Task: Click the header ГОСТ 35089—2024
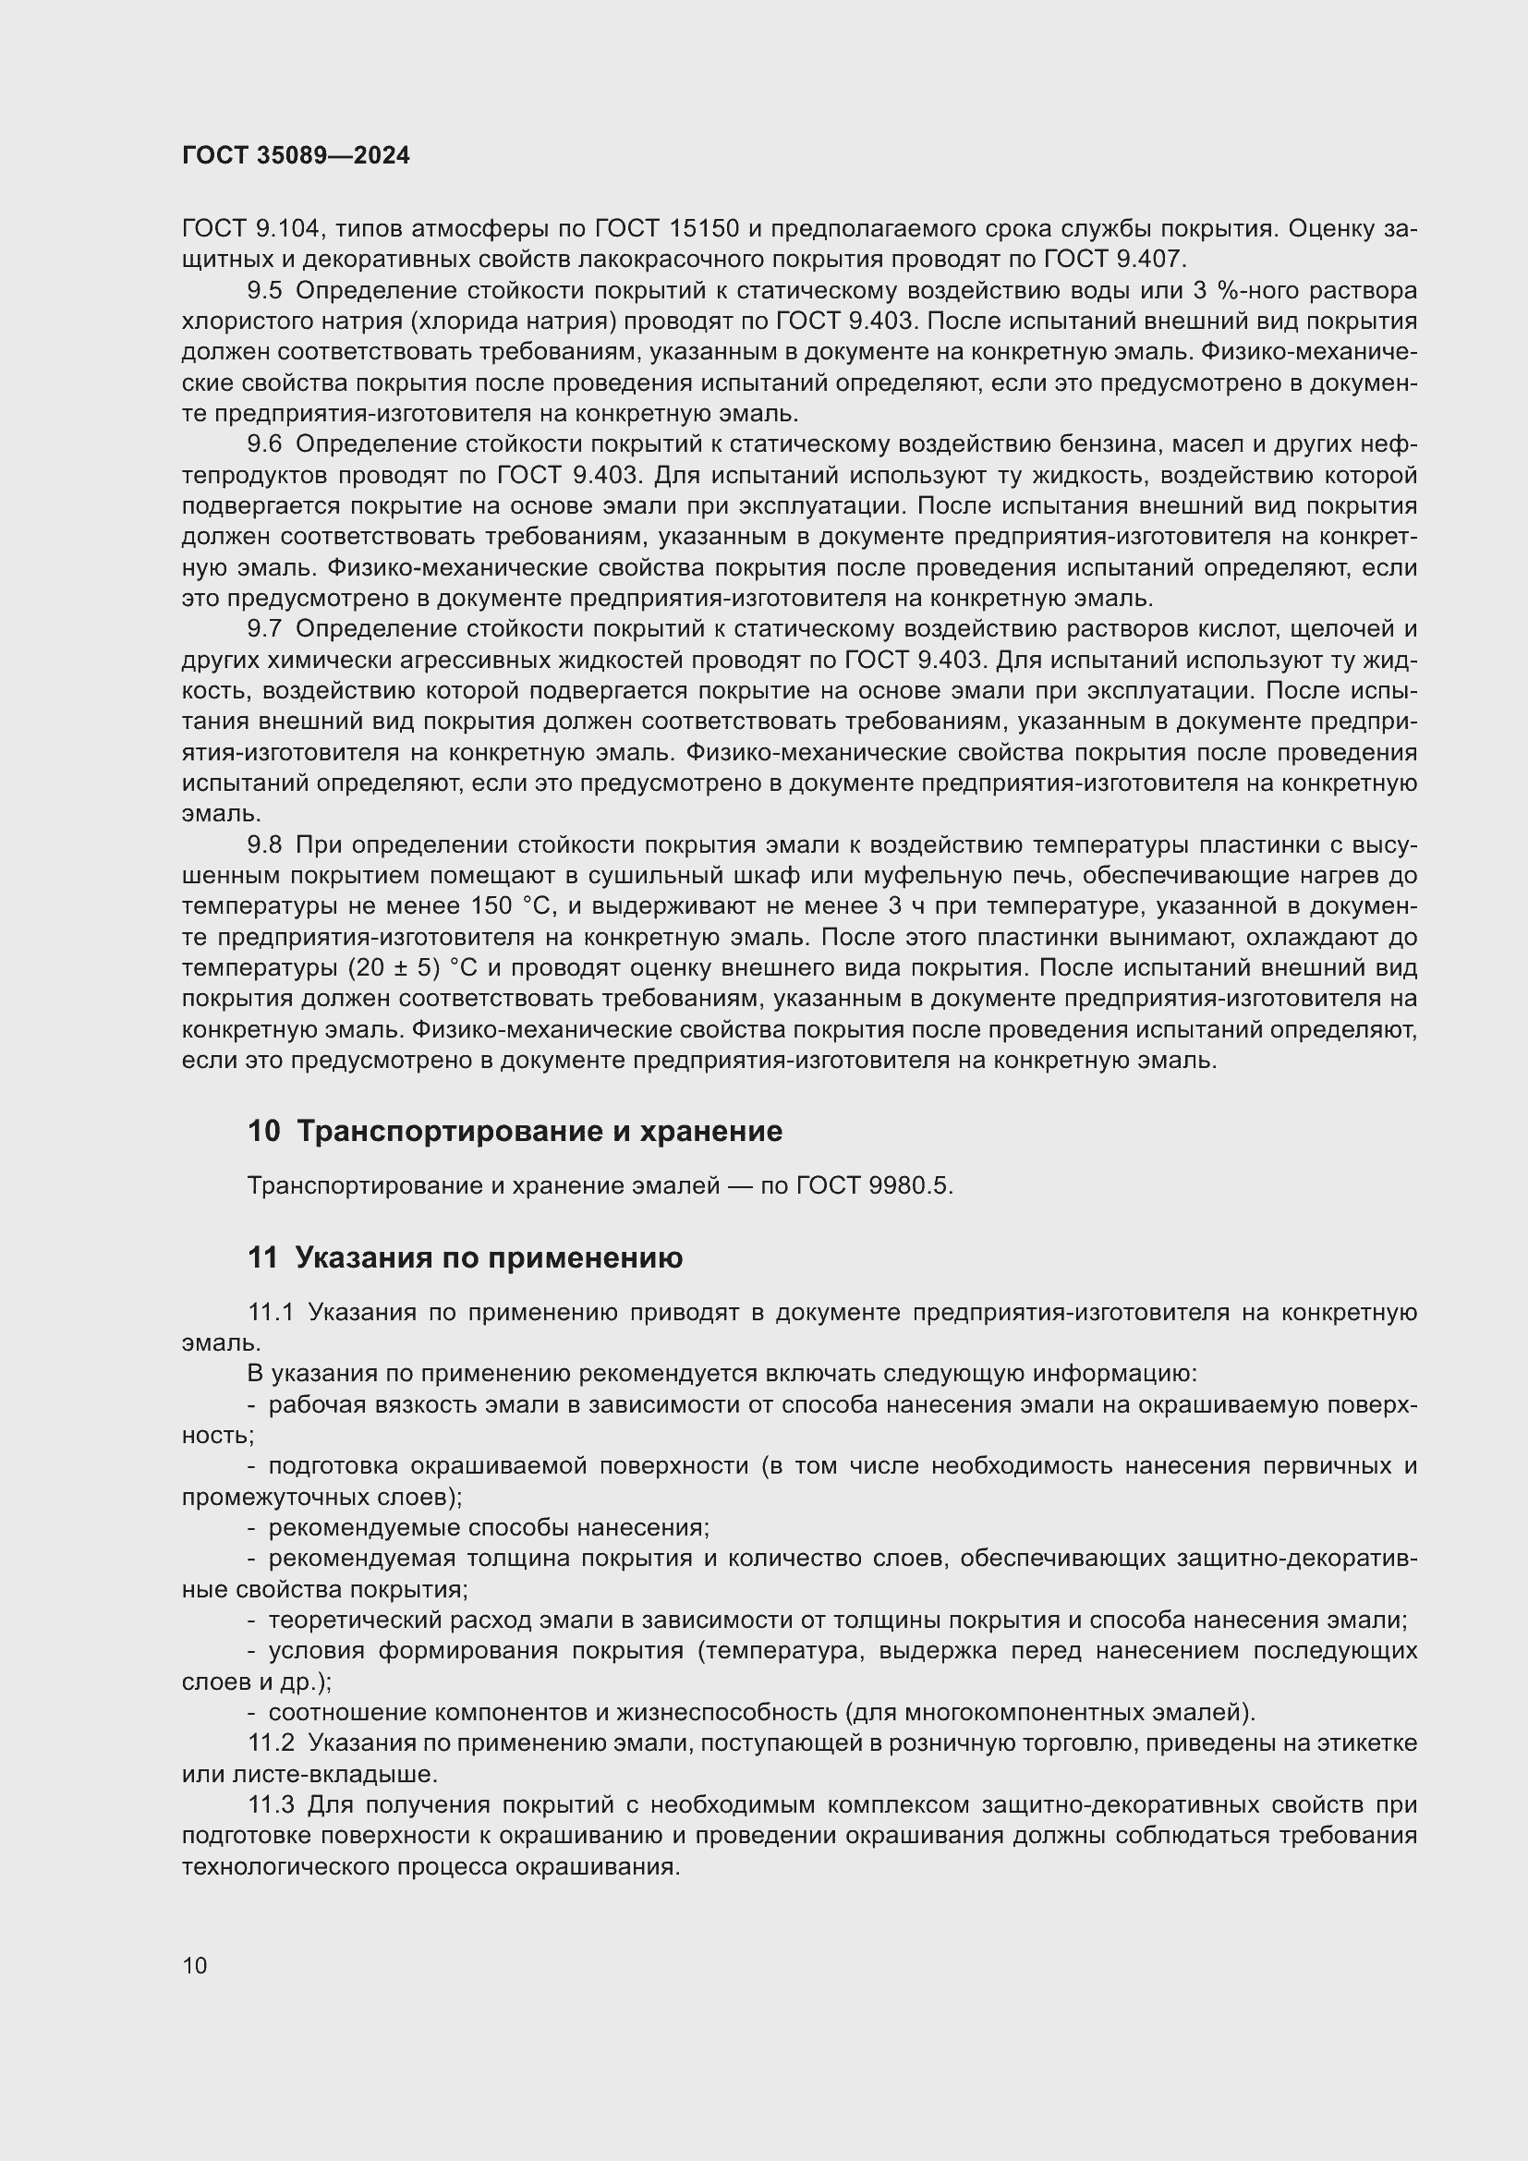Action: [x=296, y=156]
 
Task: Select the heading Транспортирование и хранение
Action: [x=539, y=1130]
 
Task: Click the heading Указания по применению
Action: [x=489, y=1257]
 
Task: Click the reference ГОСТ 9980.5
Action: [x=874, y=1186]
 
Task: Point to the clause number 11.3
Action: [x=271, y=1805]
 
